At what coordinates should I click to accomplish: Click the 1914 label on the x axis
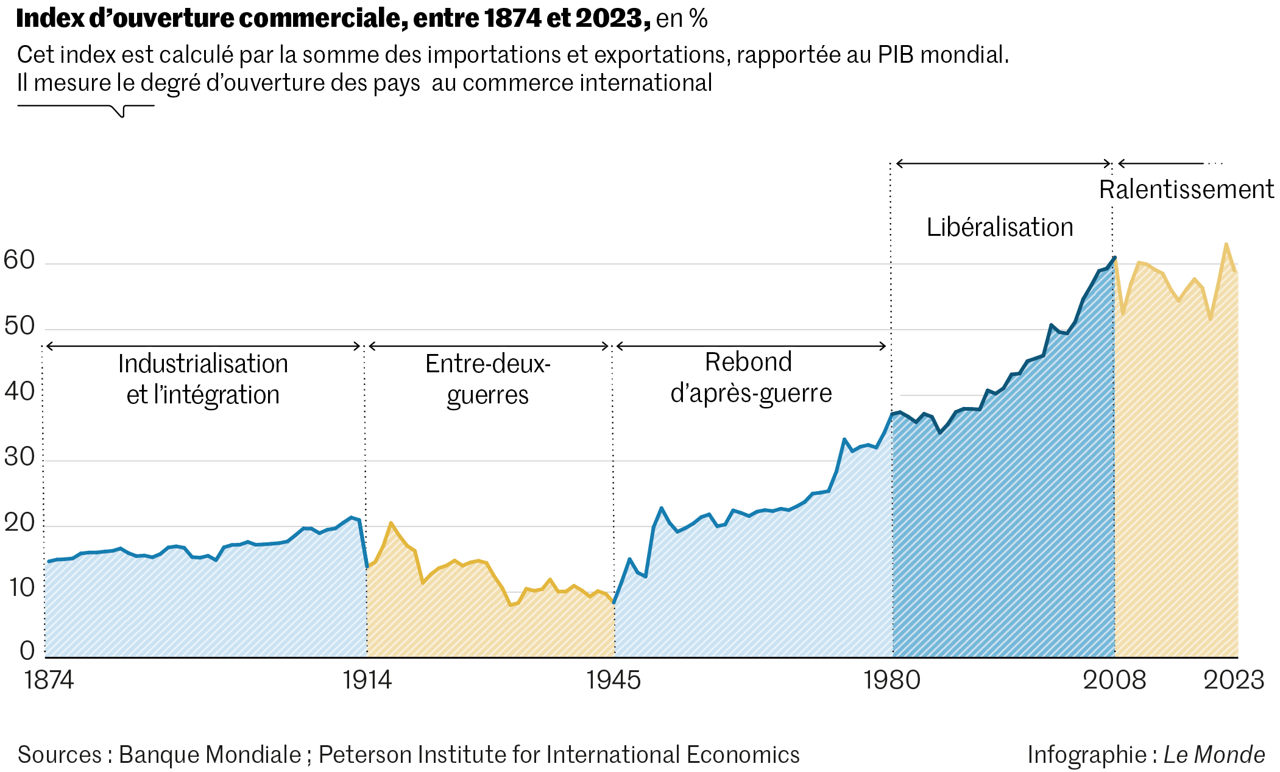coord(367,680)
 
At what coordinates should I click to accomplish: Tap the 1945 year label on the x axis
coord(613,680)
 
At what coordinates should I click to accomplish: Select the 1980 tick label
coord(892,680)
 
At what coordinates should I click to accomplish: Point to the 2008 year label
coord(1114,680)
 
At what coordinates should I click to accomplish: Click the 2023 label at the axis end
coord(1234,680)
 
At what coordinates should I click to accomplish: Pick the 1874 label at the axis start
coord(49,680)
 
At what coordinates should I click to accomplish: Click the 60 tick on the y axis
coord(19,260)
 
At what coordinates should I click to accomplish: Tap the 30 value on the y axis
coord(19,457)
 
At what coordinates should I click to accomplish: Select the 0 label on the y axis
coord(27,651)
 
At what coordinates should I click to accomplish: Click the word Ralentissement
coord(1186,189)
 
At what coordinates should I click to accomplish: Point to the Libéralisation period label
coord(1000,227)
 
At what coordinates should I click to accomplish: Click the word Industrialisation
coord(203,364)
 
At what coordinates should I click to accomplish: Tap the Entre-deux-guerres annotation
coord(488,379)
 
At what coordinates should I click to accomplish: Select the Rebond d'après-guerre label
coord(751,378)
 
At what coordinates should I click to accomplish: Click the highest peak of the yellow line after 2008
coord(1226,244)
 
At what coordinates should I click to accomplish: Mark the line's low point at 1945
coord(614,603)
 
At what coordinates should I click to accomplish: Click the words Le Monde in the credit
coord(1214,754)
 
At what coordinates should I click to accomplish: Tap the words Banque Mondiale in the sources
coord(210,754)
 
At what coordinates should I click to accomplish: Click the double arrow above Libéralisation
coord(1003,163)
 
